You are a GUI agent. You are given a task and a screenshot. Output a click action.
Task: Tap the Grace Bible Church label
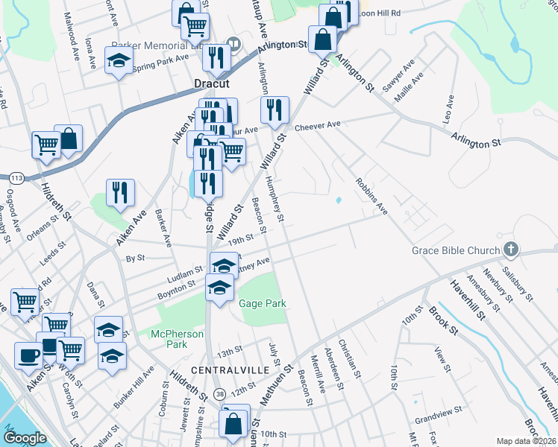tap(456, 251)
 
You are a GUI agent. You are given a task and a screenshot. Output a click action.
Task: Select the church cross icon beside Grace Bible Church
tap(510, 249)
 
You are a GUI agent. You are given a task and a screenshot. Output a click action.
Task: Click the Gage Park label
tap(263, 304)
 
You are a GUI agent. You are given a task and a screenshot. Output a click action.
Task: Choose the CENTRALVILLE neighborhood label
tap(225, 370)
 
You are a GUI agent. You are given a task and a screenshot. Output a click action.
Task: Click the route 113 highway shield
tap(15, 178)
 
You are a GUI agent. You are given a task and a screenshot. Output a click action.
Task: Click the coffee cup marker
tap(28, 355)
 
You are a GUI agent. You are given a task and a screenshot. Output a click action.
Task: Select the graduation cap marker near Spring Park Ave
tap(119, 62)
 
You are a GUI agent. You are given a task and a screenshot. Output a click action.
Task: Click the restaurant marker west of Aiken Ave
tap(119, 193)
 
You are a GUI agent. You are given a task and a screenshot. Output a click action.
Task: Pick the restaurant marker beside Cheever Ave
tap(275, 110)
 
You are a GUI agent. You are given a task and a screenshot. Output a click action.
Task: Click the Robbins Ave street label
tap(372, 196)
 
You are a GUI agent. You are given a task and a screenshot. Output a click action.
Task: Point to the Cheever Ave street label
tap(317, 125)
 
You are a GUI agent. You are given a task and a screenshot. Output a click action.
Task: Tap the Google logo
tap(25, 438)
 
